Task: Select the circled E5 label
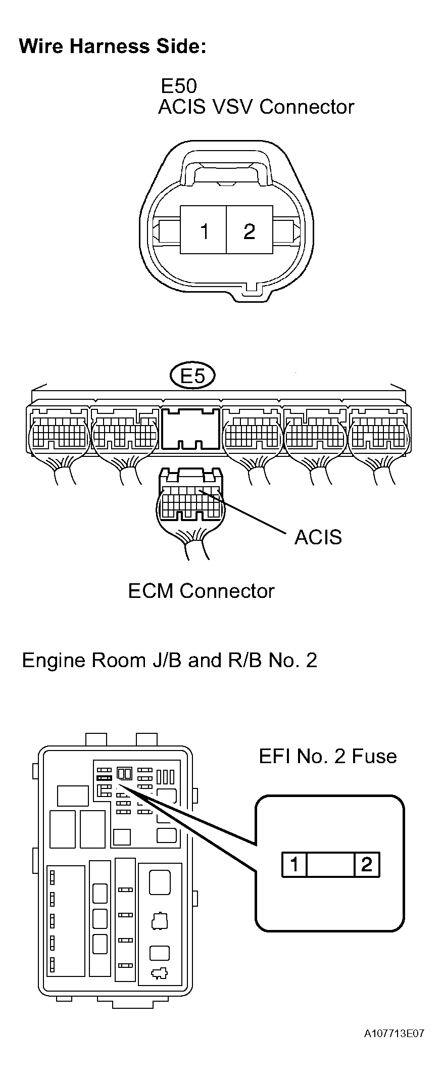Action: pyautogui.click(x=192, y=376)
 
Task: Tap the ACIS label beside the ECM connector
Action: pyautogui.click(x=318, y=537)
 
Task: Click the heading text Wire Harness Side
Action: pyautogui.click(x=112, y=46)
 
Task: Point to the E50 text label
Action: pyautogui.click(x=178, y=86)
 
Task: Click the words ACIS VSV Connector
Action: pyautogui.click(x=256, y=107)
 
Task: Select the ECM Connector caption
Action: pyautogui.click(x=201, y=591)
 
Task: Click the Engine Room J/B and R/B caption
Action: pyautogui.click(x=169, y=660)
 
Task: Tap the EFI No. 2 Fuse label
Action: pyautogui.click(x=327, y=756)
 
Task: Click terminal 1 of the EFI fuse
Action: pyautogui.click(x=294, y=864)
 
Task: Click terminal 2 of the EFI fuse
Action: pyautogui.click(x=367, y=864)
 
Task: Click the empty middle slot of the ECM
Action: pyautogui.click(x=191, y=429)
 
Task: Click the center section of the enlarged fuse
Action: pyautogui.click(x=330, y=864)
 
